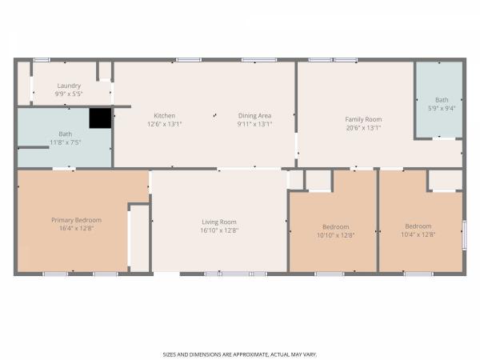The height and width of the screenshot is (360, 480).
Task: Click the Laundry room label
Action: (69, 86)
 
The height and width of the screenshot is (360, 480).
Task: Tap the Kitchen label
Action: (164, 116)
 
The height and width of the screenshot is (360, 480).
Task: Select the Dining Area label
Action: (254, 116)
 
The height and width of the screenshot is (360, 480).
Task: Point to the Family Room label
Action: (363, 119)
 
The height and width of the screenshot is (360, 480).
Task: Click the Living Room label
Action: (219, 222)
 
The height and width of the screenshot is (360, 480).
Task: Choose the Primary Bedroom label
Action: (76, 220)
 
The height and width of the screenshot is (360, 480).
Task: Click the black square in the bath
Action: (100, 118)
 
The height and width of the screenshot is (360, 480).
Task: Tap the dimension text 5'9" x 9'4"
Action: (442, 108)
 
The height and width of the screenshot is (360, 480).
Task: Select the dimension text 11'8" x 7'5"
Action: (66, 142)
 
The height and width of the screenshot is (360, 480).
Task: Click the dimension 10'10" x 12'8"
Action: (336, 235)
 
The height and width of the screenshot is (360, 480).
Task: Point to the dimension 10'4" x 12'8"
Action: (418, 234)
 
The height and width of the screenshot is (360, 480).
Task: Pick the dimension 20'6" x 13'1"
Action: (363, 128)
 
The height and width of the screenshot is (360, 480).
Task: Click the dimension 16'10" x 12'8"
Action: (219, 230)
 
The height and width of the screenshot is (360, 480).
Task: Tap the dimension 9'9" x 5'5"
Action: (69, 94)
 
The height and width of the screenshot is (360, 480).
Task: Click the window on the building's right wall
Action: (464, 235)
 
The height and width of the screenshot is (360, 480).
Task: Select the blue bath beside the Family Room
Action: (438, 100)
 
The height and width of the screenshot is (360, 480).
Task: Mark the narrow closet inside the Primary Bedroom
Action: (140, 238)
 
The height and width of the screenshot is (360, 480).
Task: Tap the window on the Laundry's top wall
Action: (42, 60)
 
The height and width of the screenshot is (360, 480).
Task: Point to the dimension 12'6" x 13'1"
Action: (164, 124)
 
